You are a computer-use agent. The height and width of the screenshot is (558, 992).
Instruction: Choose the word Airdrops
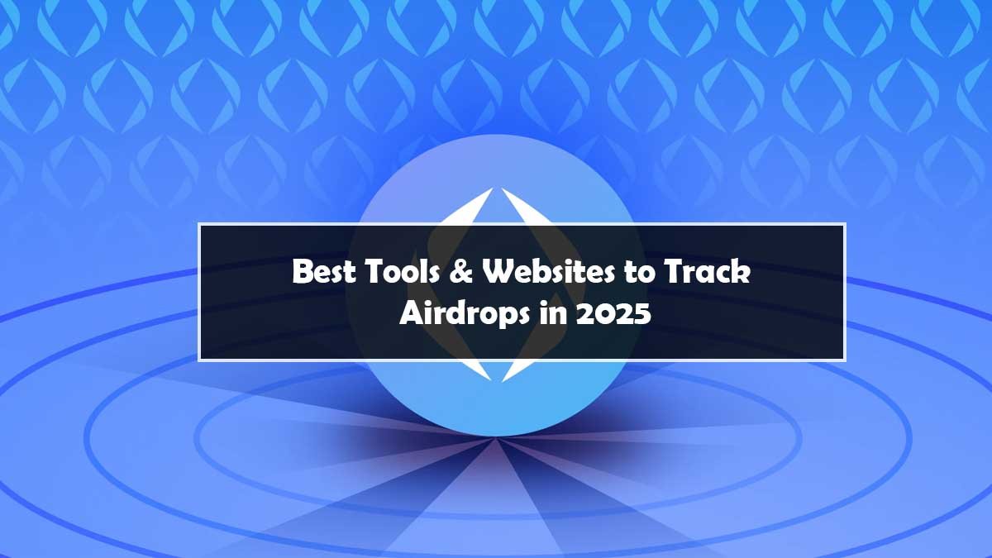point(465,313)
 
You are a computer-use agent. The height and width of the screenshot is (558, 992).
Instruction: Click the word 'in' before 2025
point(554,312)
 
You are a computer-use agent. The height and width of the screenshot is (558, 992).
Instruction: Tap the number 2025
point(614,313)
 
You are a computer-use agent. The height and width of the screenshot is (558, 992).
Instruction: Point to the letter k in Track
point(741,271)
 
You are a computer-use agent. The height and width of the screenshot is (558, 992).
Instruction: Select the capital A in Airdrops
point(412,312)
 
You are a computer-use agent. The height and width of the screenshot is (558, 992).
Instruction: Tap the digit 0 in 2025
point(605,313)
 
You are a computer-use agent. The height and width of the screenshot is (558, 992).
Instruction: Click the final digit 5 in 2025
point(643,313)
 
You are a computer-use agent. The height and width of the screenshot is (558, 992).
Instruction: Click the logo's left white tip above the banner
point(492,188)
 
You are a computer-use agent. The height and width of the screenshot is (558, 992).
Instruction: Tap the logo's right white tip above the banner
point(503,188)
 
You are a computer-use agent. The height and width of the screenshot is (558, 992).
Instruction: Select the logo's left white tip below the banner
point(491,380)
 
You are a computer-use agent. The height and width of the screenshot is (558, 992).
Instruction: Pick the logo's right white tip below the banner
point(503,381)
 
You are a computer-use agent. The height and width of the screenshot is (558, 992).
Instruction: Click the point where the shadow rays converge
point(495,438)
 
